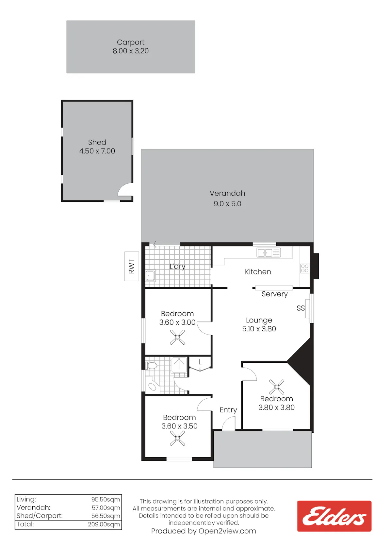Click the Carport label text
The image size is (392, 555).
click(130, 43)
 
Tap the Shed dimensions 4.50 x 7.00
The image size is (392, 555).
click(97, 151)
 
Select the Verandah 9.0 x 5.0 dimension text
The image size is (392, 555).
click(227, 204)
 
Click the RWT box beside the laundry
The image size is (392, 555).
click(132, 266)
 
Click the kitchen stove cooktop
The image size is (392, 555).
click(305, 268)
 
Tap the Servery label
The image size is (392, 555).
click(274, 294)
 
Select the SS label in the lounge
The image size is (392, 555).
click(301, 308)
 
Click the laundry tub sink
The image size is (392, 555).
click(151, 276)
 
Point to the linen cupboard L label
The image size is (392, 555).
click(200, 362)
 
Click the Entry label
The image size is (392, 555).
click(228, 410)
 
